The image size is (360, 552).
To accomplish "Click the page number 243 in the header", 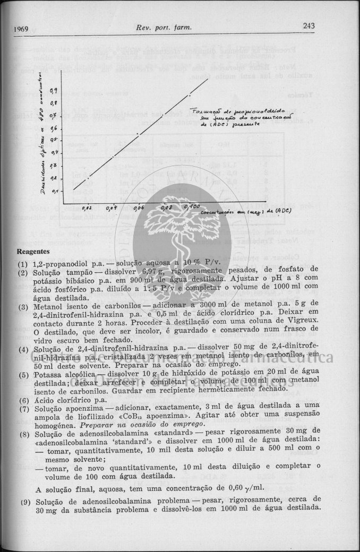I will (x=309, y=25).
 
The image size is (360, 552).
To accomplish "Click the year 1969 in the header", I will (x=21, y=28).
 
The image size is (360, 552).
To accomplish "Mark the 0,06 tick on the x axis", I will (x=138, y=209).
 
